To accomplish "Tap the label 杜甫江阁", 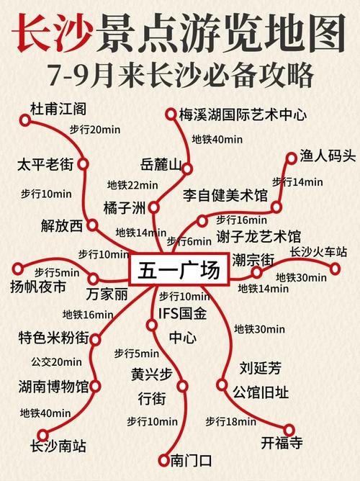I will coord(58,109).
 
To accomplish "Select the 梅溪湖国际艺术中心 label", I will coord(243,114).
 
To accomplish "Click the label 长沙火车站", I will coord(318,252).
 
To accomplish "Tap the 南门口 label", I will coord(191,459).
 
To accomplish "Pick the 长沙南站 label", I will coord(58,446).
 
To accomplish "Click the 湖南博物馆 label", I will coord(54,387).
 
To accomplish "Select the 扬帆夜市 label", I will coord(38,287).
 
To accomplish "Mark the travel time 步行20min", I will coord(94,130).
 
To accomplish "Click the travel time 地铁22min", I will coord(132,185).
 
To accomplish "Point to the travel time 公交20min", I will coord(56,361).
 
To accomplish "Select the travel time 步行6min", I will coord(189,241).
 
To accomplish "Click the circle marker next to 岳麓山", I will coord(186,168).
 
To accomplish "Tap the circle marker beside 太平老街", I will coord(83,165).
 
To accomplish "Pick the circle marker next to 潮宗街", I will coord(257,272).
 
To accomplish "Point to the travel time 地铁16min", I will coord(87,314).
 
